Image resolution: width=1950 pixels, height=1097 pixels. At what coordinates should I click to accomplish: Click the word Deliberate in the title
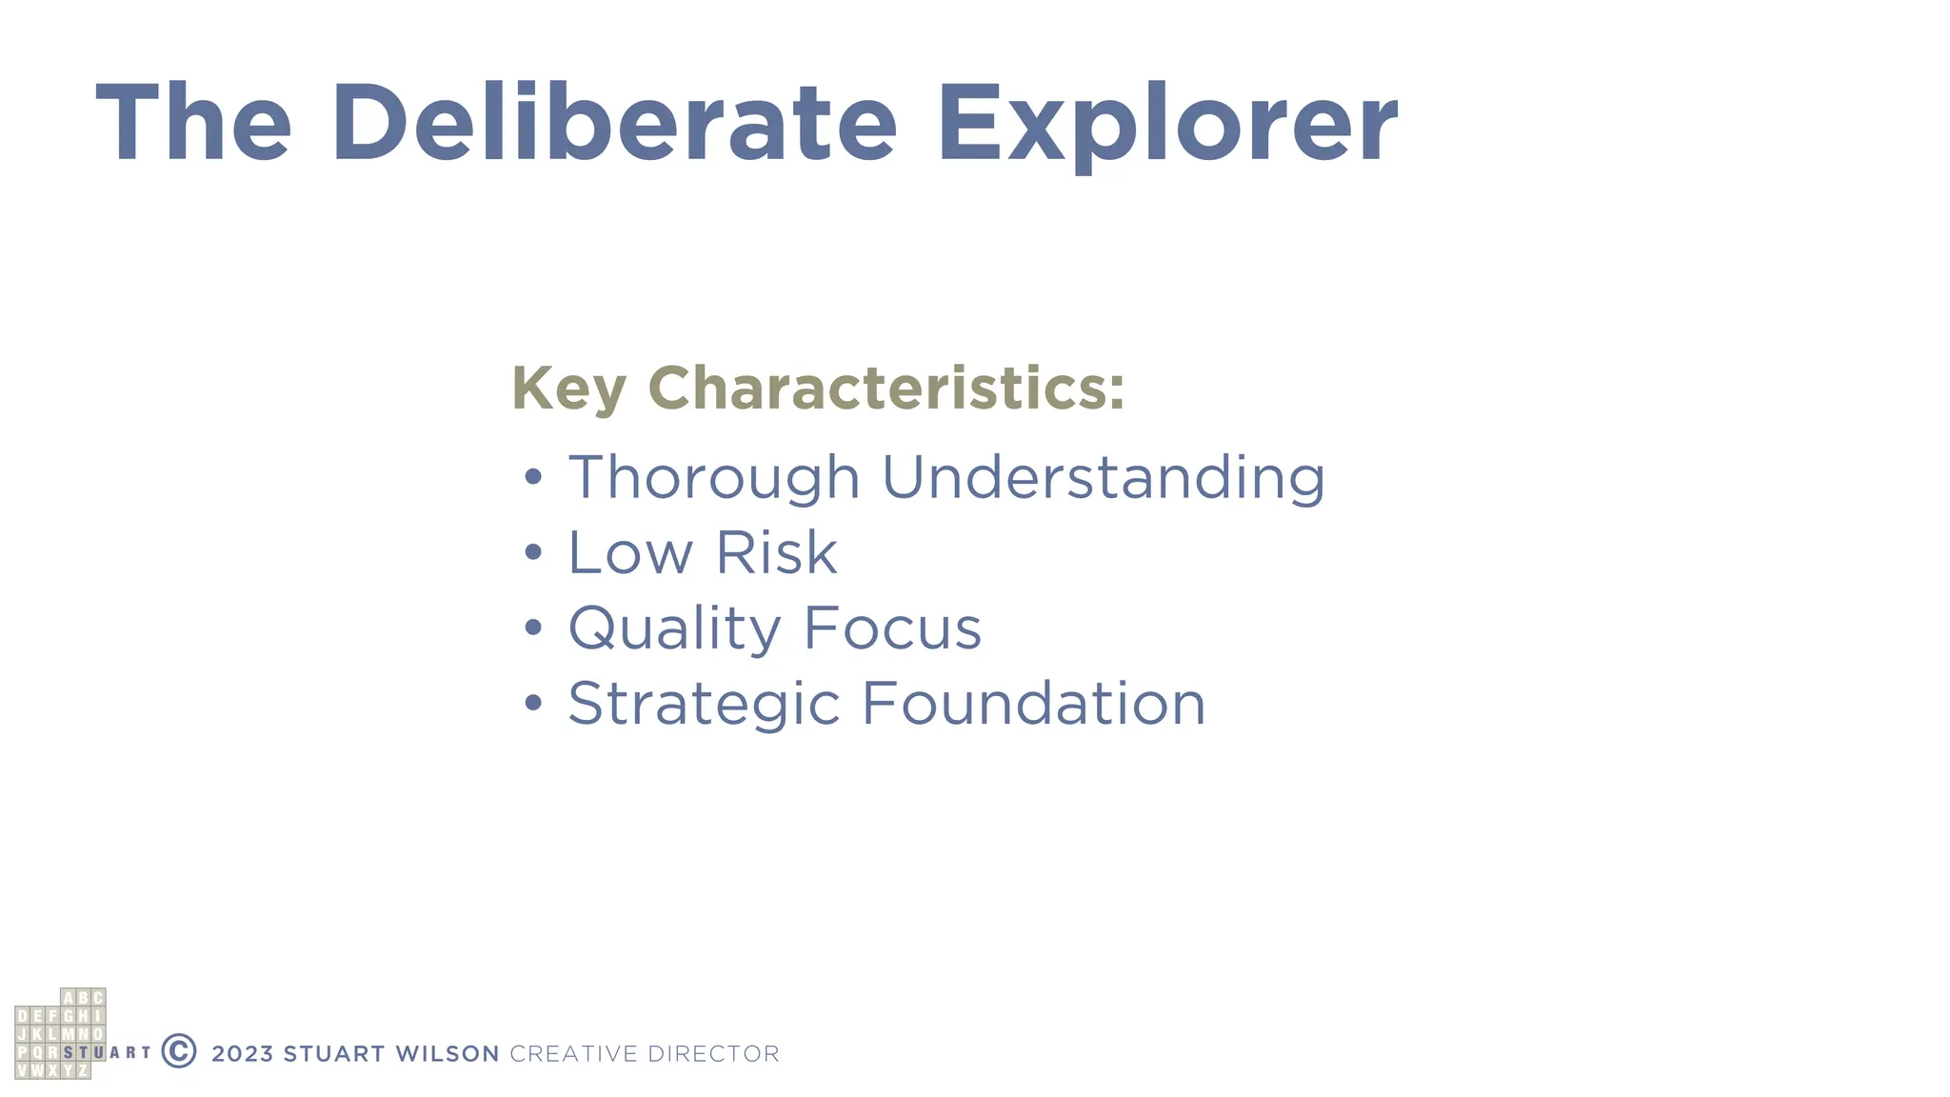click(614, 124)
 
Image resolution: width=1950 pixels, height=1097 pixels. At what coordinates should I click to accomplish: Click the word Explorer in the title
click(1167, 124)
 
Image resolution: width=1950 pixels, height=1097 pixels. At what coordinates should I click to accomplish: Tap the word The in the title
click(193, 124)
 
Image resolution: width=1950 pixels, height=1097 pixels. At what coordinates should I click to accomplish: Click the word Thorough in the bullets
click(714, 477)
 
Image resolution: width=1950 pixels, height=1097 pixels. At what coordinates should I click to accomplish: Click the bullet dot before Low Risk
click(533, 552)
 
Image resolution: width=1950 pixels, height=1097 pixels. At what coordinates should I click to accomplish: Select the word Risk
click(776, 552)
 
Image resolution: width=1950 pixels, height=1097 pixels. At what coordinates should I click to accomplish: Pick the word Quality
click(674, 628)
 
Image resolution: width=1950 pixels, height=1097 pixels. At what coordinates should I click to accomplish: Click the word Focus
click(892, 628)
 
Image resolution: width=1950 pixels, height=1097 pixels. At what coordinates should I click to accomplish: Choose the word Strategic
click(704, 704)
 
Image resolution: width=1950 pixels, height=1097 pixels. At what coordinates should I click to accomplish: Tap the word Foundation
click(1033, 704)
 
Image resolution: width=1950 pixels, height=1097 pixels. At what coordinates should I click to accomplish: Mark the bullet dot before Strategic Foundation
click(533, 704)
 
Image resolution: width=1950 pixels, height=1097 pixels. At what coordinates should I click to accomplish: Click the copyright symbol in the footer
click(179, 1051)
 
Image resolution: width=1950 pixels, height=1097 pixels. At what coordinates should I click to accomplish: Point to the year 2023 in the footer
click(242, 1054)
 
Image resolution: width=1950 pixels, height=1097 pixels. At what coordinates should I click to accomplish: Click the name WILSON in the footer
click(447, 1054)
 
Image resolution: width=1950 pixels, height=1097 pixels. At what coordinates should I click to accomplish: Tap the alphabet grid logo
click(60, 1034)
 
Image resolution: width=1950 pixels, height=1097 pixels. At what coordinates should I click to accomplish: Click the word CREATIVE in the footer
click(573, 1054)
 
